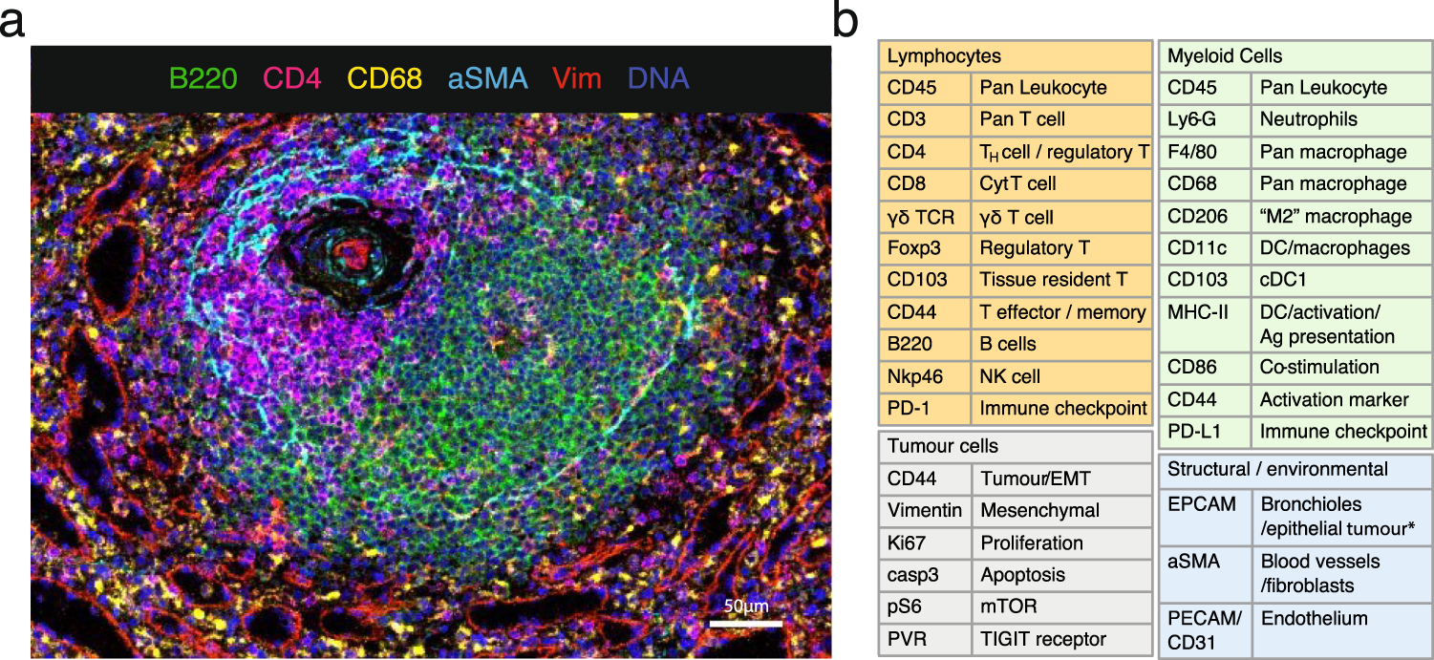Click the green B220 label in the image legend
[203, 78]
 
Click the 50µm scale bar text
[744, 607]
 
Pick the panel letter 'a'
[13, 21]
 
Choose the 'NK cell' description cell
[1010, 376]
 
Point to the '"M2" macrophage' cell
[1336, 216]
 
